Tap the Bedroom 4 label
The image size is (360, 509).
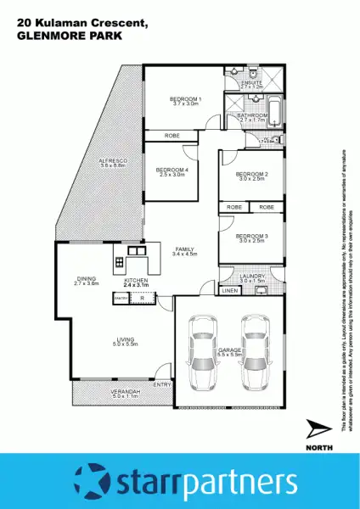point(171,170)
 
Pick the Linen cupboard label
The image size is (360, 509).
point(229,291)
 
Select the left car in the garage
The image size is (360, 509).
point(205,350)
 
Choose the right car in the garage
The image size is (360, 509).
point(256,350)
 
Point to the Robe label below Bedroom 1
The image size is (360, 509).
point(172,136)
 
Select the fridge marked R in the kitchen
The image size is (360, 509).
point(143,299)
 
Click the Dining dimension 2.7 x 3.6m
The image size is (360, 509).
point(87,282)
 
